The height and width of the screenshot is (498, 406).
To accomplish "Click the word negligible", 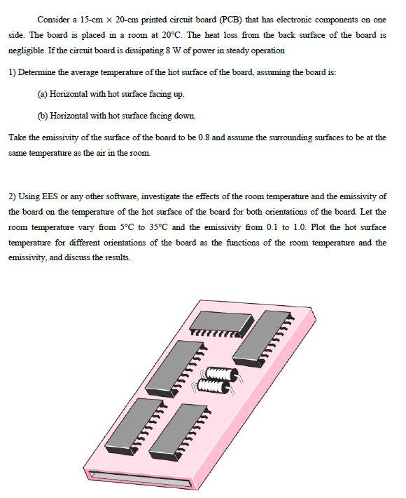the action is pyautogui.click(x=28, y=51).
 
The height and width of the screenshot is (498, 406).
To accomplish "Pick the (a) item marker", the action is pyautogui.click(x=43, y=93).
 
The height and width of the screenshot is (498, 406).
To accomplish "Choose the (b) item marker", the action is pyautogui.click(x=43, y=115).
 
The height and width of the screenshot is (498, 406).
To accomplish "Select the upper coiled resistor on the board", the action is pyautogui.click(x=218, y=372).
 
